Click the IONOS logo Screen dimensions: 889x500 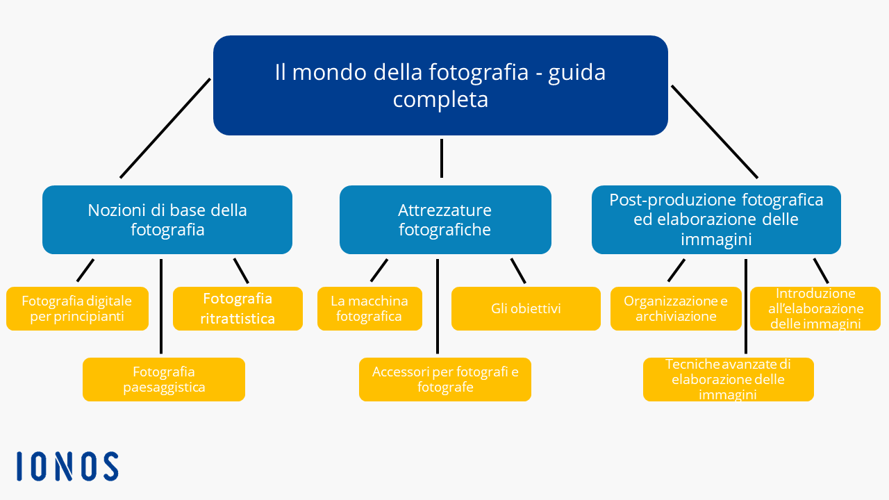[67, 466]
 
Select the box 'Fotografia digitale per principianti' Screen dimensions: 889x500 [77, 309]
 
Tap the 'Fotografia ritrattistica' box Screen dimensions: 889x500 [238, 309]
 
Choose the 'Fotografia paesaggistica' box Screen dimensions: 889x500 [164, 379]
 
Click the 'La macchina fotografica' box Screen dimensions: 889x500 [369, 309]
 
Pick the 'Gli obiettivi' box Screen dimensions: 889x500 [526, 309]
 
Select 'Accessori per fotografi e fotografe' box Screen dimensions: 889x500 [445, 379]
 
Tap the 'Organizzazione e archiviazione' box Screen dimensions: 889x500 [676, 309]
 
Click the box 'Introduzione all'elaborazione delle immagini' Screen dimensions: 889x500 [815, 309]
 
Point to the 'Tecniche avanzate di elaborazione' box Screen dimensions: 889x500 [729, 379]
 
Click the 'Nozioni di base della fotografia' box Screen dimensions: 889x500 [167, 220]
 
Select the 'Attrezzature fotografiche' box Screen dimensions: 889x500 [445, 220]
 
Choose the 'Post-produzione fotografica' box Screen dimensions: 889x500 [716, 220]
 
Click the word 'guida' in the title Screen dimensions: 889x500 [576, 74]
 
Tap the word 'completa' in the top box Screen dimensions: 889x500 [440, 100]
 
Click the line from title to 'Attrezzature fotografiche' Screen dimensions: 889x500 [442, 158]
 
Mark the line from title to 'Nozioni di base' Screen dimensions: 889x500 [165, 128]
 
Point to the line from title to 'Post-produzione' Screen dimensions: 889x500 [715, 132]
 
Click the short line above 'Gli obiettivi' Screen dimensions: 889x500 [518, 271]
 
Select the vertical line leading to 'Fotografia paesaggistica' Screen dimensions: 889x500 [161, 306]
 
